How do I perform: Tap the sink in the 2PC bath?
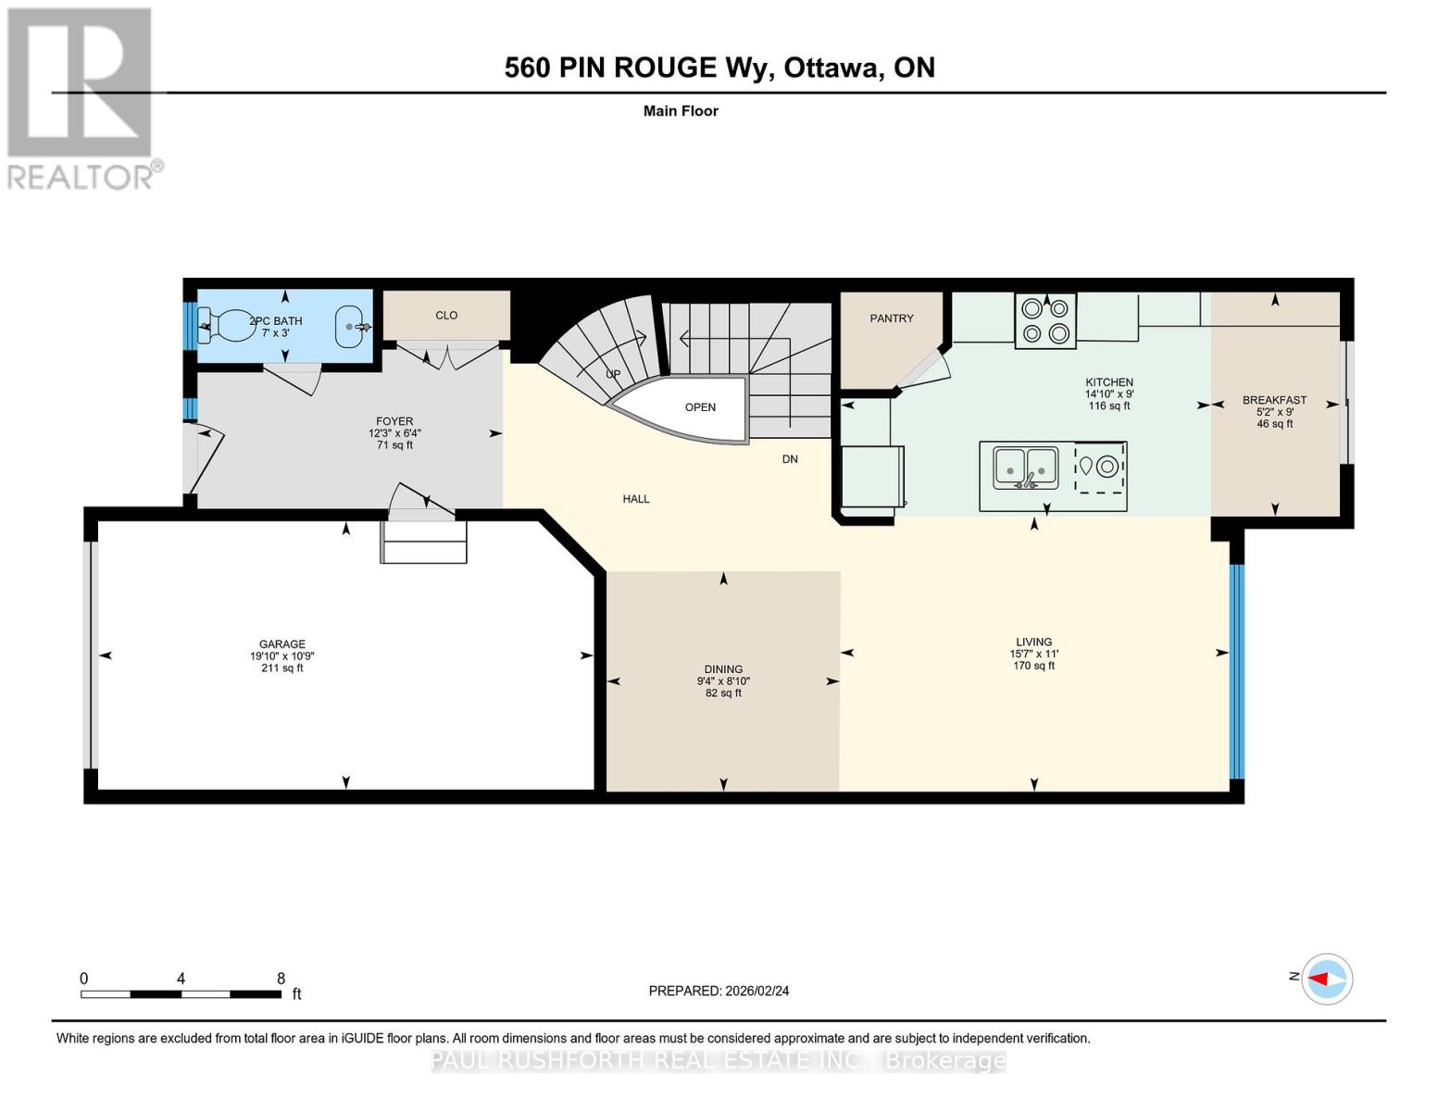click(x=350, y=327)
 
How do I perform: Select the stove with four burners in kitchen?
click(x=1045, y=320)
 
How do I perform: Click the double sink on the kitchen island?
click(x=1025, y=468)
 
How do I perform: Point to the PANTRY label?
click(x=892, y=318)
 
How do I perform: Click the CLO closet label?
click(x=446, y=316)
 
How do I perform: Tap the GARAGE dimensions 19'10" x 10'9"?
click(x=281, y=656)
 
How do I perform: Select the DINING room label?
click(x=723, y=669)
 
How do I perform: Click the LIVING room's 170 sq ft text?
click(x=1033, y=666)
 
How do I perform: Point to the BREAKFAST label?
click(x=1274, y=400)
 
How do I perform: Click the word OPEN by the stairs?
click(x=700, y=407)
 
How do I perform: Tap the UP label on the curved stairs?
click(x=613, y=374)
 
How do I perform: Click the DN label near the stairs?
click(x=790, y=459)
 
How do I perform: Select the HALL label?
click(x=636, y=499)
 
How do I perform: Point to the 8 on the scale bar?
click(x=281, y=979)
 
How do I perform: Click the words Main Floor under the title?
click(x=681, y=111)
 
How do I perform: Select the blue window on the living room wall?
click(x=1236, y=671)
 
